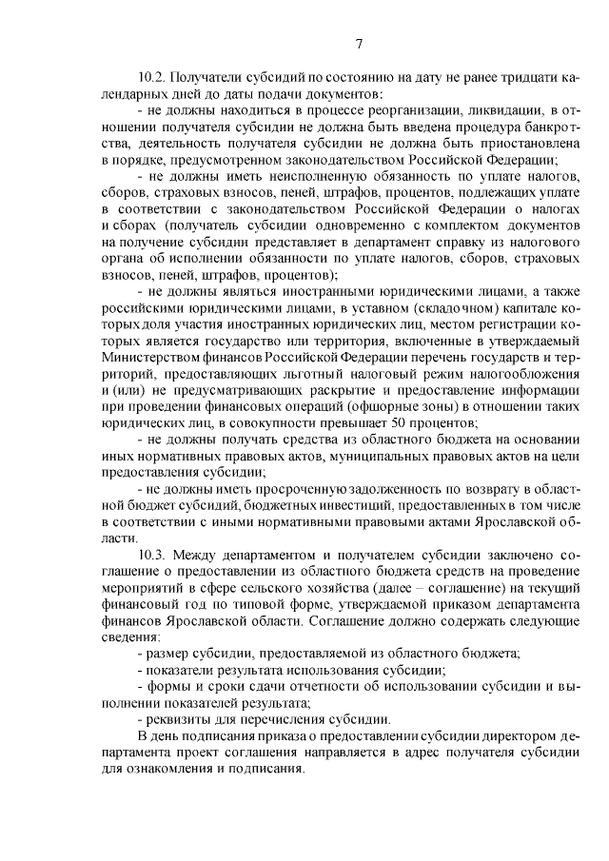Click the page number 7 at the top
(359, 43)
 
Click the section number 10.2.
(153, 77)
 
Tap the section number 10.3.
(153, 553)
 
